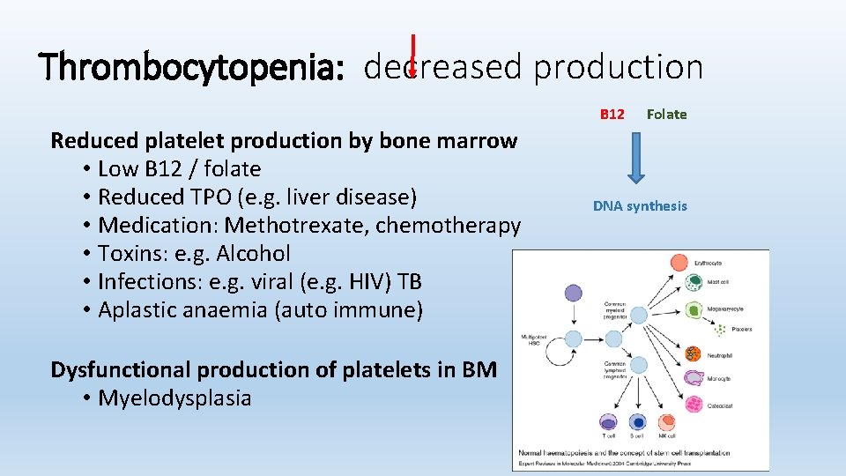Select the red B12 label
(x=612, y=114)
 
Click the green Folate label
(x=666, y=114)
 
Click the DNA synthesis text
(x=640, y=206)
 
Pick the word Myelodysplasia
(x=174, y=398)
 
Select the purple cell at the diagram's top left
(x=573, y=294)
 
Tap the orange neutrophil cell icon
(x=693, y=354)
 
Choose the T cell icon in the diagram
(x=607, y=422)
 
